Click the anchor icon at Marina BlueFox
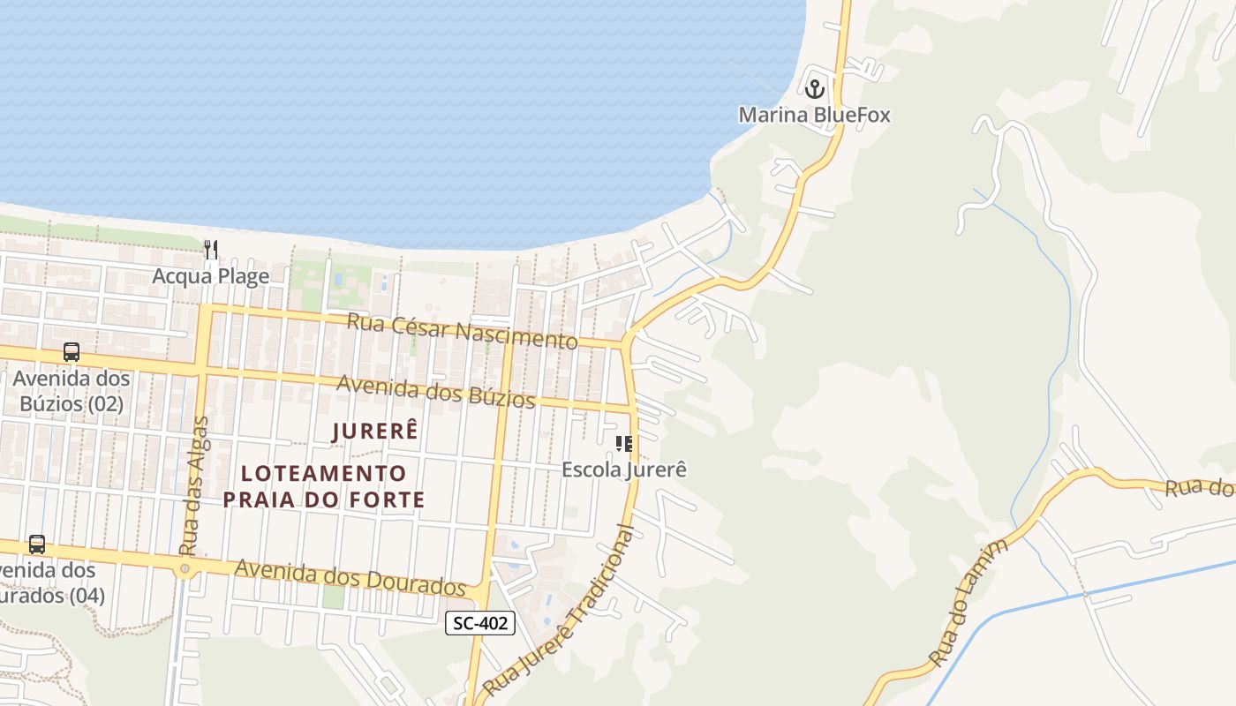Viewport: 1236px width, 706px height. tap(814, 88)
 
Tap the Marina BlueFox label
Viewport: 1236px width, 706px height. tap(814, 115)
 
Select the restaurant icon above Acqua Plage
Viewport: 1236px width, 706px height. tap(210, 250)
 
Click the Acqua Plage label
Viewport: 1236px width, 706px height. tap(210, 276)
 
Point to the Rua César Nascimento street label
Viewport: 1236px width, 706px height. tap(462, 330)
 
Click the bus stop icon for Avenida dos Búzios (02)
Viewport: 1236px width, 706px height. tap(72, 352)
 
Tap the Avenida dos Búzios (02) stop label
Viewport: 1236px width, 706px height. tap(71, 392)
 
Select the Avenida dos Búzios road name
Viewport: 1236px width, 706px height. tap(436, 392)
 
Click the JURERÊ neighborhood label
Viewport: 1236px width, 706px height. tap(374, 432)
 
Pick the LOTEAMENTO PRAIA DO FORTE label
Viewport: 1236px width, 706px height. tap(323, 486)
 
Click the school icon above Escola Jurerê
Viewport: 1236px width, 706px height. tap(624, 443)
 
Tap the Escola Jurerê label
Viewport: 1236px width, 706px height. tap(624, 469)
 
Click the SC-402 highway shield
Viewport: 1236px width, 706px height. tap(479, 623)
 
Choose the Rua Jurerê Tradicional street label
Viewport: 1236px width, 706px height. tap(560, 612)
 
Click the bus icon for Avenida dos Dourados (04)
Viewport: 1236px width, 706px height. tap(37, 545)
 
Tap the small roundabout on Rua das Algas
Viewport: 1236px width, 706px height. tap(185, 568)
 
